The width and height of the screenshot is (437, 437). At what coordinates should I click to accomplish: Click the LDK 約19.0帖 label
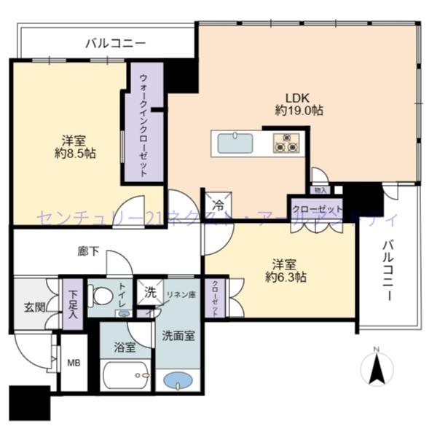pos(299,103)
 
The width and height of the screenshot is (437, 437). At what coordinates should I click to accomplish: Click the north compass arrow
pos(377,368)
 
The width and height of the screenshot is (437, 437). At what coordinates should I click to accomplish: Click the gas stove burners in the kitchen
pos(286,143)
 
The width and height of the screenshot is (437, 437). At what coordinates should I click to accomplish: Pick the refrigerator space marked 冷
pos(218,205)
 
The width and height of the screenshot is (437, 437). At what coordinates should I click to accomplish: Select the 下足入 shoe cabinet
pos(73,301)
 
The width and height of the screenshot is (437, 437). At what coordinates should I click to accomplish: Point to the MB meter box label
pos(74,362)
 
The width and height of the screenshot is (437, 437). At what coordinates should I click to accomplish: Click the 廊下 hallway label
pos(87,252)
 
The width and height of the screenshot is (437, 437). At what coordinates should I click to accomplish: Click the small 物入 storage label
pos(319,189)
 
